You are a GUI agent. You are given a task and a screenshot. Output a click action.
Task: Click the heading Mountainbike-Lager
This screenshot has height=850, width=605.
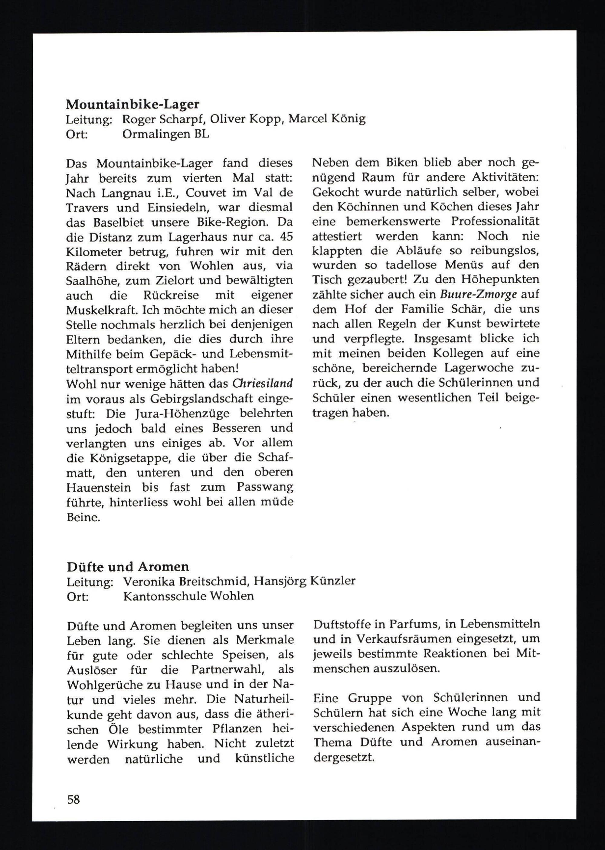click(132, 104)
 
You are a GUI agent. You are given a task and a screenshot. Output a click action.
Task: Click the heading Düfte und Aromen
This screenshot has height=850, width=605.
click(128, 566)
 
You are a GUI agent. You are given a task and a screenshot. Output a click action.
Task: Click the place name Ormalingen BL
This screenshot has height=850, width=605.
click(166, 134)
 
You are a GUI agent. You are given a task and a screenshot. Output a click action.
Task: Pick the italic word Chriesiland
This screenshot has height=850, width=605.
click(263, 383)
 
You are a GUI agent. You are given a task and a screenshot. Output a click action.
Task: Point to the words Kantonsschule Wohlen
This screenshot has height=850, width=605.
click(188, 596)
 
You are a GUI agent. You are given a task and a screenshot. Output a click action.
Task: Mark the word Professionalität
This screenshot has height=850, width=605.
click(495, 222)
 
